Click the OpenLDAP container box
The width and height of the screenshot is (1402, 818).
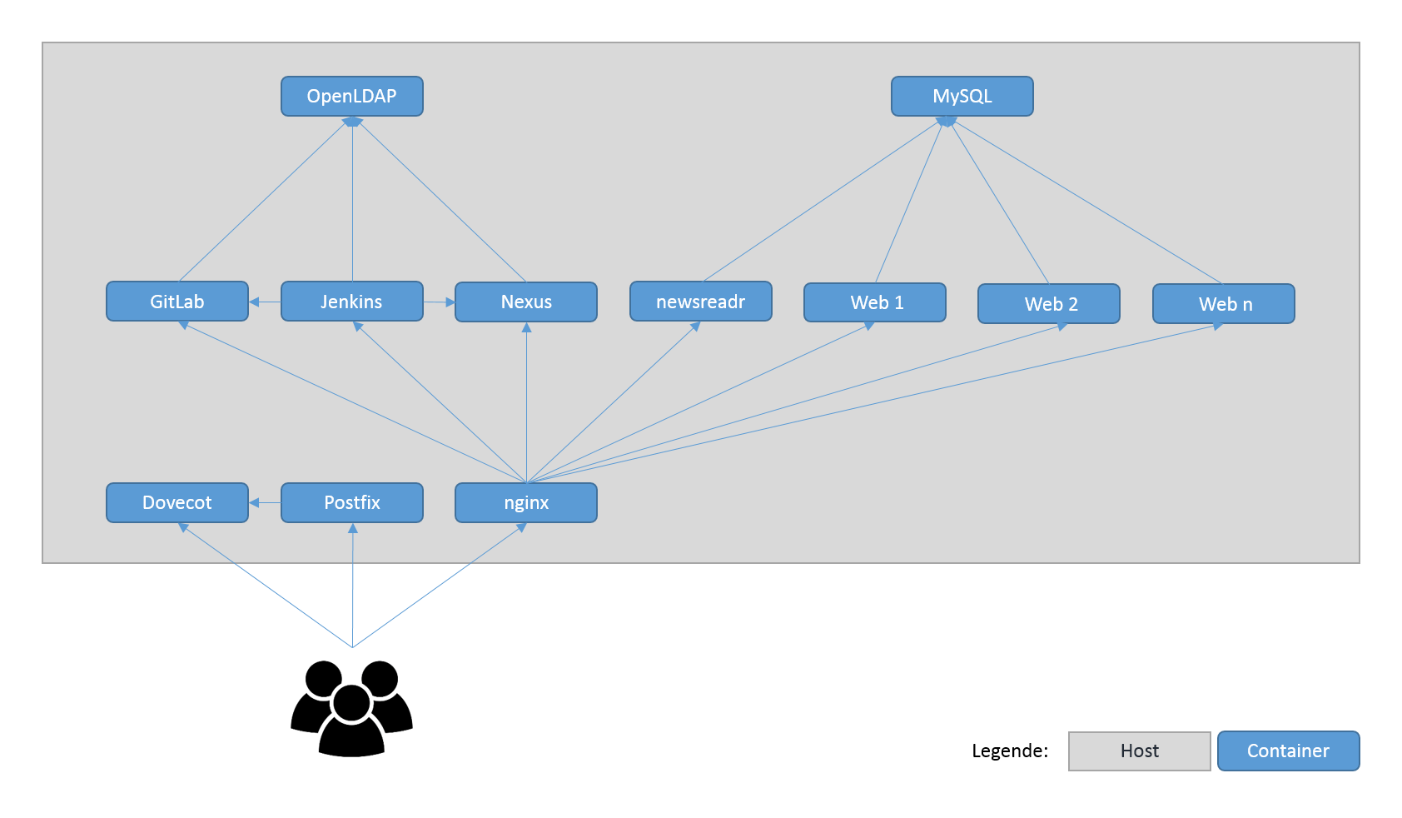(x=352, y=97)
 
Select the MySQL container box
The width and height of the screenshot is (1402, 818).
(x=962, y=97)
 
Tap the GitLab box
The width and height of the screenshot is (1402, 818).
(x=177, y=302)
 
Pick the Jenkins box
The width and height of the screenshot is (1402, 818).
(x=352, y=302)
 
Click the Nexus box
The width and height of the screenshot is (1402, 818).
(x=526, y=302)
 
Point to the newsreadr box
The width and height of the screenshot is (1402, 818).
(x=700, y=302)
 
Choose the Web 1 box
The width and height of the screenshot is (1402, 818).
(x=875, y=302)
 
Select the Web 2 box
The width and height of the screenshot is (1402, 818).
(x=1049, y=304)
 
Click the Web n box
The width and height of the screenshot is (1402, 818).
(x=1224, y=304)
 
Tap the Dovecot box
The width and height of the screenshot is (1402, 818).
(x=177, y=502)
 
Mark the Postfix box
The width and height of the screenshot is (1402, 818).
(x=352, y=502)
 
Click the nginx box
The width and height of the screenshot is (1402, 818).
(x=526, y=502)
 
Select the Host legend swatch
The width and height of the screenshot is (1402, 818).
(x=1139, y=751)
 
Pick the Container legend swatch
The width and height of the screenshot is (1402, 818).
(x=1288, y=751)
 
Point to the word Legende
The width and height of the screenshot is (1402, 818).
(x=1010, y=751)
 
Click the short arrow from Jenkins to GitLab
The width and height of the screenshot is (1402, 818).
(x=265, y=302)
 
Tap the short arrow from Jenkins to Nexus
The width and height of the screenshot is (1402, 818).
(x=440, y=302)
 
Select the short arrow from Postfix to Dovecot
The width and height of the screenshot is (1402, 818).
(x=265, y=502)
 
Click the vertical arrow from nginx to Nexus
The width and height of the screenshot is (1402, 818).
(x=526, y=402)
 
